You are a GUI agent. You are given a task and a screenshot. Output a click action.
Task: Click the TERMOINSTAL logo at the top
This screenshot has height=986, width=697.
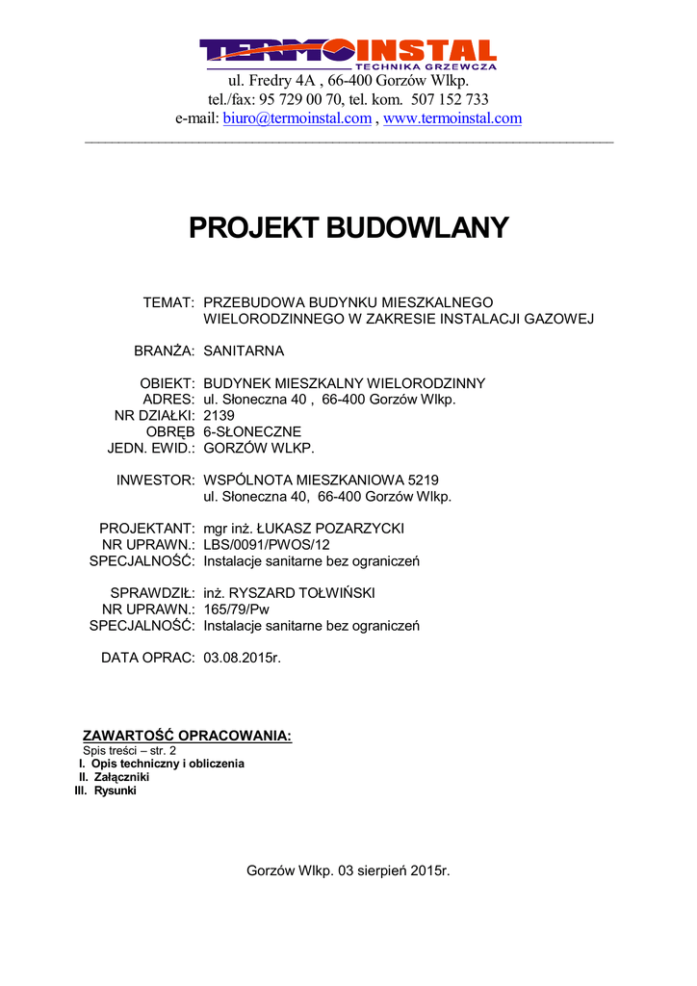tap(348, 53)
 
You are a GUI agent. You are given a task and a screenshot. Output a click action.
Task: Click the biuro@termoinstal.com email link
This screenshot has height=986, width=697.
tap(297, 118)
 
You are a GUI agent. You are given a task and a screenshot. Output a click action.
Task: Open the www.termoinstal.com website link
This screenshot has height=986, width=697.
tap(452, 118)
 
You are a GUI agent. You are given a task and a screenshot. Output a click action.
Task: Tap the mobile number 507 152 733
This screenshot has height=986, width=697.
tap(450, 99)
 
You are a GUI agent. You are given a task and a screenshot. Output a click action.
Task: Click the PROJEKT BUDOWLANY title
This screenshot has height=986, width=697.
tap(348, 228)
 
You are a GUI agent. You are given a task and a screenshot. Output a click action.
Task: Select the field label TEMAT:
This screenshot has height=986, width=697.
tap(169, 302)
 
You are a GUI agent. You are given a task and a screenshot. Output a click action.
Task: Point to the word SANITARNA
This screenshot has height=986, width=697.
tap(244, 350)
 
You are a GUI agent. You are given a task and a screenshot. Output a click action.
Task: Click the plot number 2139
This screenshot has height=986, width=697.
tap(219, 415)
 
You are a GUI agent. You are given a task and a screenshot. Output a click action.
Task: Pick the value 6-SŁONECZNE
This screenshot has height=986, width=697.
tap(252, 431)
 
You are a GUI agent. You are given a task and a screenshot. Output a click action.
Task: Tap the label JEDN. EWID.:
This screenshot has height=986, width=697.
tap(151, 448)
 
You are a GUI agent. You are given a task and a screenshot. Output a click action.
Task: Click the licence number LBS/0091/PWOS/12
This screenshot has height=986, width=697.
tap(267, 545)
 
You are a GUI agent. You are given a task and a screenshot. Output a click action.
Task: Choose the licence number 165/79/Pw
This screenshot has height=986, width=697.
tap(236, 610)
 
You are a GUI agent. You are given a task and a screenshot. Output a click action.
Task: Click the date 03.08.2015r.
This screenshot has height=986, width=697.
tap(242, 658)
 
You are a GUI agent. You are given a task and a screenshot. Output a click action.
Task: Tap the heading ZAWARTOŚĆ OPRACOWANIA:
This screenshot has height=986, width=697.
tap(187, 736)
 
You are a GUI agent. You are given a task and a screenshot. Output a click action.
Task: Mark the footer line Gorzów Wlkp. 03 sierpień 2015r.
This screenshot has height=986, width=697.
tap(348, 870)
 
